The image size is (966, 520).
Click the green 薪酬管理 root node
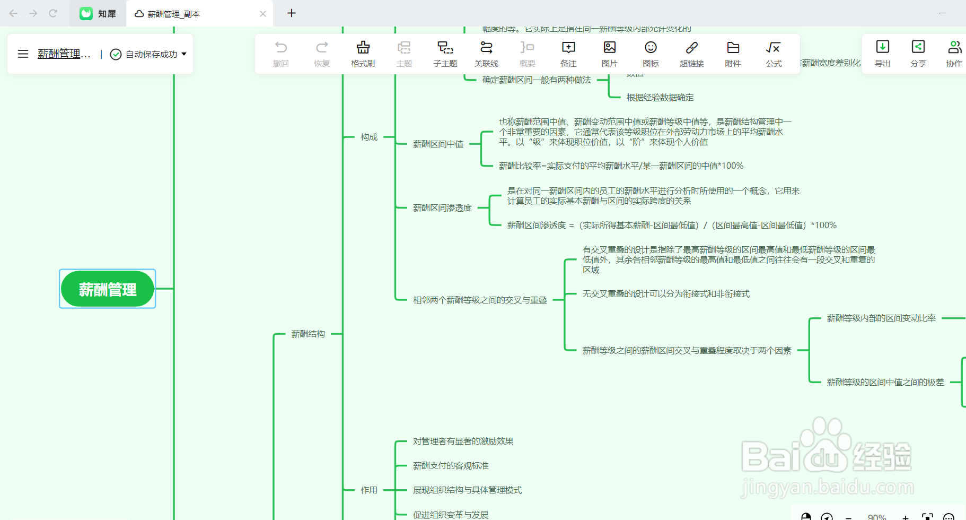pos(107,289)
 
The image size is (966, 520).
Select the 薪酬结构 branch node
pos(308,334)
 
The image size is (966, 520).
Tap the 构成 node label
pos(369,137)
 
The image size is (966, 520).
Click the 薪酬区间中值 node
pos(438,144)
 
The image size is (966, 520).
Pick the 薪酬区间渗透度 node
pos(442,207)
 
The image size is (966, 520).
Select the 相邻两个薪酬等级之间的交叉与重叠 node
pos(480,300)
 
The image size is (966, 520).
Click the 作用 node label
pos(369,490)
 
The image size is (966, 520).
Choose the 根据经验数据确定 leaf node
pos(660,97)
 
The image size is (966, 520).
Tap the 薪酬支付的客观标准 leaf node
pos(451,465)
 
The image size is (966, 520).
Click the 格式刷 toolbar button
pos(363,54)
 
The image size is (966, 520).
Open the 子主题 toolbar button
pos(445,54)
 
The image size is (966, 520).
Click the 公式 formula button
pos(774,54)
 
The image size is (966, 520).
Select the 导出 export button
pos(882,54)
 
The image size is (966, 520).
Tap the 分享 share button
pos(918,54)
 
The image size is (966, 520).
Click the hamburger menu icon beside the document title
pos(23,54)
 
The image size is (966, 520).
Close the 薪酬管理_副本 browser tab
pos(263,14)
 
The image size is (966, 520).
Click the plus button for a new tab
pos(292,13)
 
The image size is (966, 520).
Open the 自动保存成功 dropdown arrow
pos(184,54)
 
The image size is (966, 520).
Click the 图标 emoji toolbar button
pos(651,54)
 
